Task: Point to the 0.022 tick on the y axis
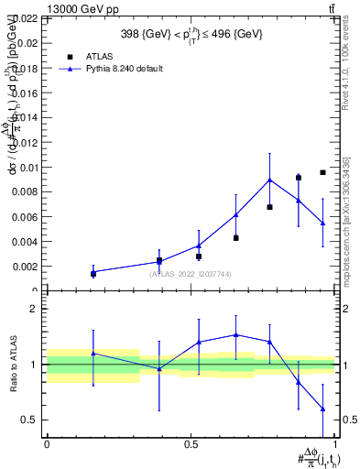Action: coord(26,18)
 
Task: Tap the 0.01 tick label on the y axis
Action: coord(28,167)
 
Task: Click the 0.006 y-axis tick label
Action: coord(26,217)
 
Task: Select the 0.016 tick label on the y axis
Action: coord(26,93)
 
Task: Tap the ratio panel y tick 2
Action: coord(34,310)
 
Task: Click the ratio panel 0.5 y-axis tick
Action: coord(29,420)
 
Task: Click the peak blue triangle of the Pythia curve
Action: coord(269,180)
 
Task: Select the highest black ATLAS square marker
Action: coord(322,172)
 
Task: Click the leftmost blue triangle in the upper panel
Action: coord(93,272)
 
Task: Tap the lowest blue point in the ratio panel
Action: coord(322,409)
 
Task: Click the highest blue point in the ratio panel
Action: coord(236,334)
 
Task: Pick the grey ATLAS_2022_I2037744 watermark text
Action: coord(190,274)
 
